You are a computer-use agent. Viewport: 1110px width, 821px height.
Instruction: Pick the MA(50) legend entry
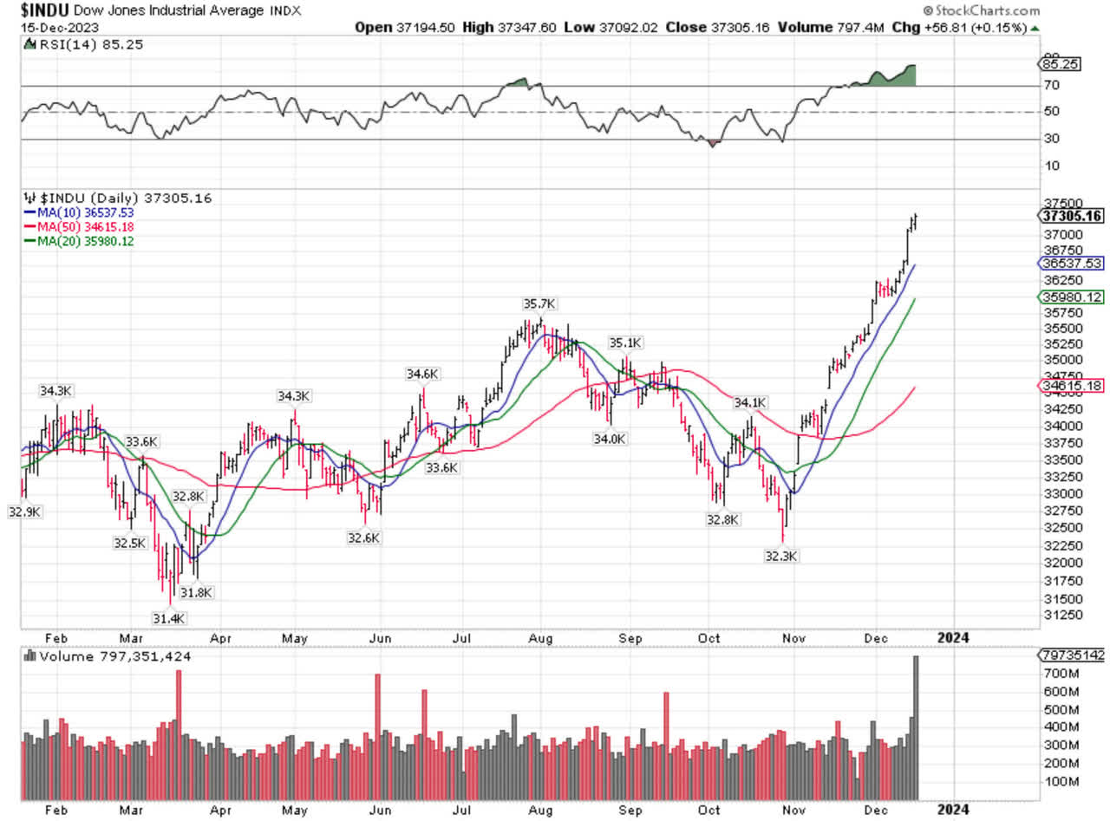click(84, 226)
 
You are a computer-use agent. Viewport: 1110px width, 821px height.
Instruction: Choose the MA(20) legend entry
click(84, 241)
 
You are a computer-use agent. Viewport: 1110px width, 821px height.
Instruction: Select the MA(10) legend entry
click(84, 212)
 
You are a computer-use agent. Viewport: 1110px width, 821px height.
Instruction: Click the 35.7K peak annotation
click(539, 303)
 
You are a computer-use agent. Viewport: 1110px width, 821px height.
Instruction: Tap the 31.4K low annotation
click(170, 617)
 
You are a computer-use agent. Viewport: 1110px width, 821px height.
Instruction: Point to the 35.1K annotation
click(624, 342)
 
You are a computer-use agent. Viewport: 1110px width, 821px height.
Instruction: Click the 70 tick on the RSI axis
click(1052, 85)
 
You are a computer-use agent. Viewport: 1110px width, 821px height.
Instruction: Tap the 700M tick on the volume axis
click(1059, 673)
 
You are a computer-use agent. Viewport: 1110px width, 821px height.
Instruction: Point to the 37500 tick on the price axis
click(1057, 202)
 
